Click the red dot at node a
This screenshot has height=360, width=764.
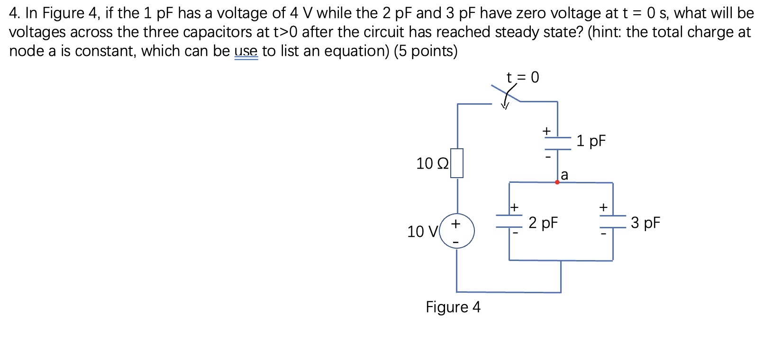click(x=557, y=182)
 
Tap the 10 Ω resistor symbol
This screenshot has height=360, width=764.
click(x=457, y=163)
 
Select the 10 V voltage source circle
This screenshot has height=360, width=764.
click(x=457, y=231)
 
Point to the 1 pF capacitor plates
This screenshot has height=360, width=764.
click(x=557, y=144)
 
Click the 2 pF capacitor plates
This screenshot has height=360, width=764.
click(x=509, y=221)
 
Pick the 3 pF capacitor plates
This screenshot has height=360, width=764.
click(x=613, y=221)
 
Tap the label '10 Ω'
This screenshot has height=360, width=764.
click(x=431, y=164)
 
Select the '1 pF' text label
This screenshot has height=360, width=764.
click(x=591, y=141)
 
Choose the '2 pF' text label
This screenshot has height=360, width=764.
click(x=543, y=223)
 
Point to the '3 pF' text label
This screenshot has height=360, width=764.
click(x=645, y=223)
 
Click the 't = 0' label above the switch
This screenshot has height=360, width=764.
click(x=522, y=77)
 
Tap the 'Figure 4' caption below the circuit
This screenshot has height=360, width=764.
click(x=453, y=307)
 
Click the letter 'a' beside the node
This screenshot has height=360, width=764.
click(x=564, y=175)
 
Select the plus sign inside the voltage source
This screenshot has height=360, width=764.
click(x=455, y=224)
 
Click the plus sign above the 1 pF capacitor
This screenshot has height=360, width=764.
click(x=546, y=130)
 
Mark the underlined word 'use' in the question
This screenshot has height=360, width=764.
click(x=246, y=51)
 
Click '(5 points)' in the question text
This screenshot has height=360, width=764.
click(x=426, y=51)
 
